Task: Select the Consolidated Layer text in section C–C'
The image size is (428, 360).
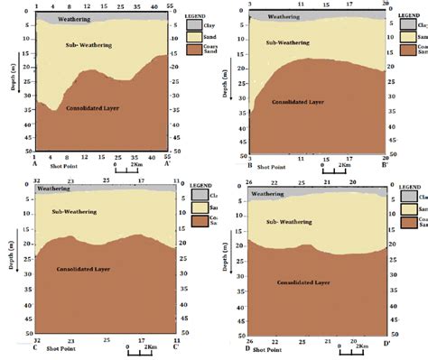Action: [x=84, y=269]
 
